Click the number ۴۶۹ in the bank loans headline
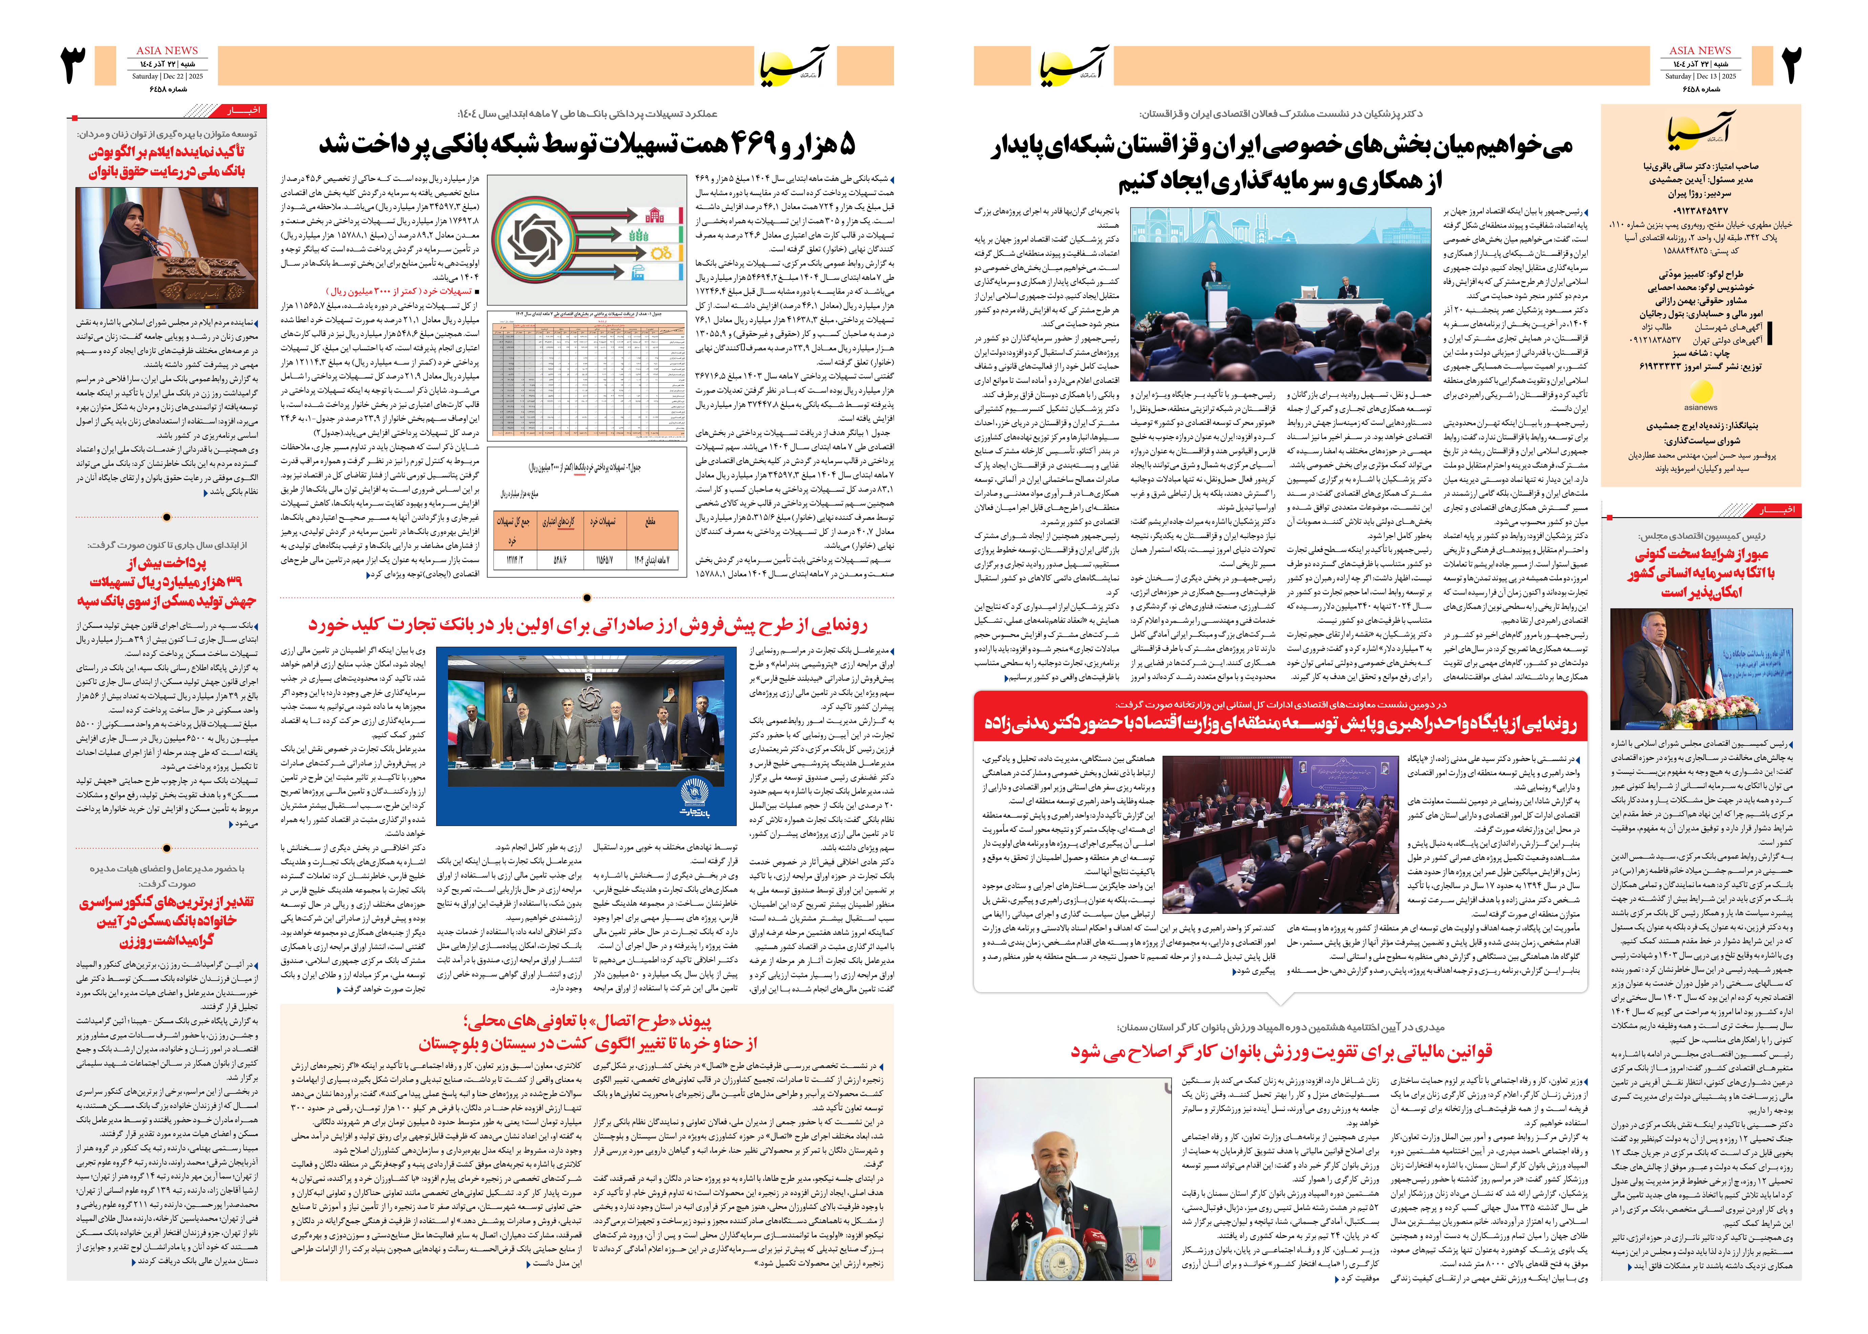752,145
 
